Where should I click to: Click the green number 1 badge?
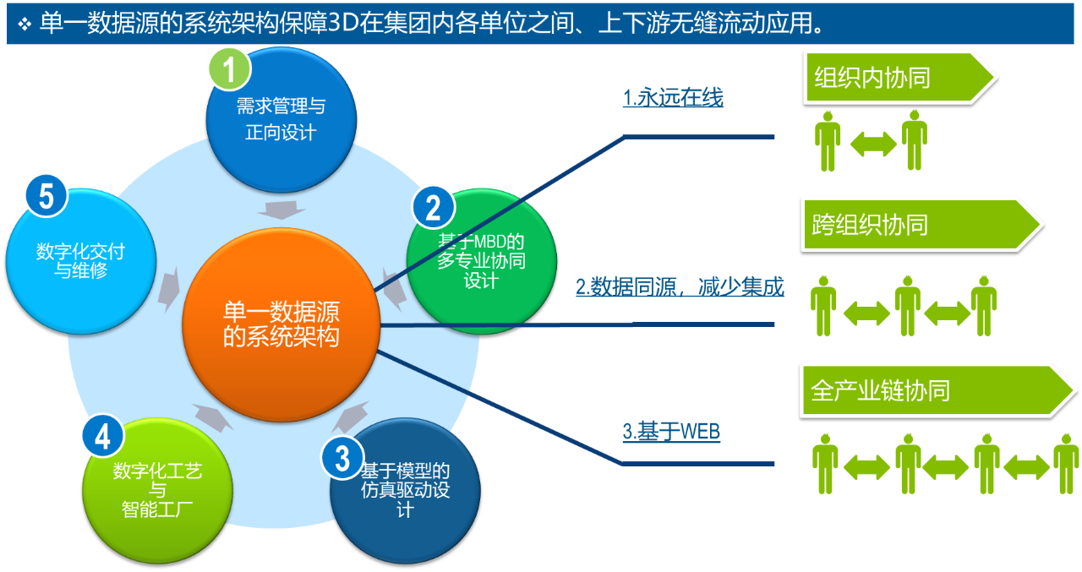(230, 69)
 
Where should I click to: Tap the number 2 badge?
(434, 208)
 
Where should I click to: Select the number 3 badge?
(342, 458)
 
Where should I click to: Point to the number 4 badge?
(103, 436)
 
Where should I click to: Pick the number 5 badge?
(46, 196)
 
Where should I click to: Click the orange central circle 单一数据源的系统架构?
(281, 324)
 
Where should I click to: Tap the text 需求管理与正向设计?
(281, 119)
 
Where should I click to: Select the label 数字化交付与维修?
(80, 261)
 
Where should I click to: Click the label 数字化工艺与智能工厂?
(157, 490)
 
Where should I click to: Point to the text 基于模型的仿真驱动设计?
(405, 490)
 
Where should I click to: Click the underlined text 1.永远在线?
(673, 97)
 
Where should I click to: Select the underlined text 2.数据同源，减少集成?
(680, 286)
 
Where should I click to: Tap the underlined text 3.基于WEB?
(671, 431)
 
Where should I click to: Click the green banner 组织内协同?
(899, 78)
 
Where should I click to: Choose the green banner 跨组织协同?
(921, 225)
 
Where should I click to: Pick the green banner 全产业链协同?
(937, 390)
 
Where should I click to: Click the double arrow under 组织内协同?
(873, 144)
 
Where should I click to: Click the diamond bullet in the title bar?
(25, 24)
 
